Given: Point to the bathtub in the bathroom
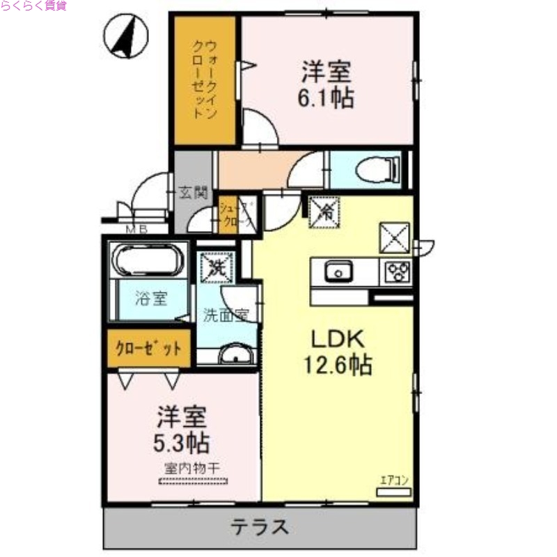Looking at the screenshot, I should click(x=149, y=260).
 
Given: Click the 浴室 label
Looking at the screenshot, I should click(x=151, y=299).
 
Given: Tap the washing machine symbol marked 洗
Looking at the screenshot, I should click(x=213, y=265).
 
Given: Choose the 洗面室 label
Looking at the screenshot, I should click(x=225, y=315).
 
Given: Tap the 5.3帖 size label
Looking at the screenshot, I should click(x=182, y=441).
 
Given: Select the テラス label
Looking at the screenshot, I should click(x=260, y=527).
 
